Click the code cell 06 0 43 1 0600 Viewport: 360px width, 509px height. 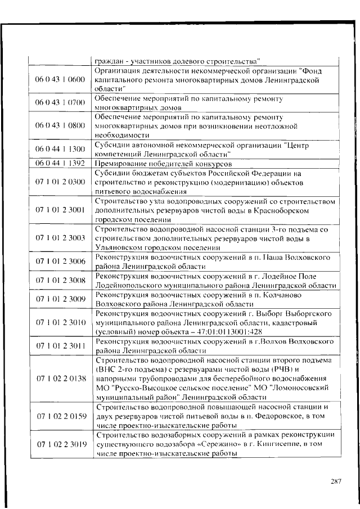coord(60,80)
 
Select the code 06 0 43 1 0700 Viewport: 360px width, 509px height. coord(60,102)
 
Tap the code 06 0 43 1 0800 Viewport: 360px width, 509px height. coord(60,125)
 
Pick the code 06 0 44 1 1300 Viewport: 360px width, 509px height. coord(60,149)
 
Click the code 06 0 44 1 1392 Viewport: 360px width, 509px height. coord(60,163)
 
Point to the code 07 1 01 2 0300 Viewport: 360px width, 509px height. coord(60,182)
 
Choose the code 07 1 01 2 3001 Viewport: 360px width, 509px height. coord(60,210)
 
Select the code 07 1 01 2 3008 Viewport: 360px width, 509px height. coord(60,280)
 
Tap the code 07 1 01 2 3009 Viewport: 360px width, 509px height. coord(60,299)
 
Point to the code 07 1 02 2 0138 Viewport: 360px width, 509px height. coord(60,379)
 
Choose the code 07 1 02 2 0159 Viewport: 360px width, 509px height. coord(60,416)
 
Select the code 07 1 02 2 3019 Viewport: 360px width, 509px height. coord(60,444)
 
